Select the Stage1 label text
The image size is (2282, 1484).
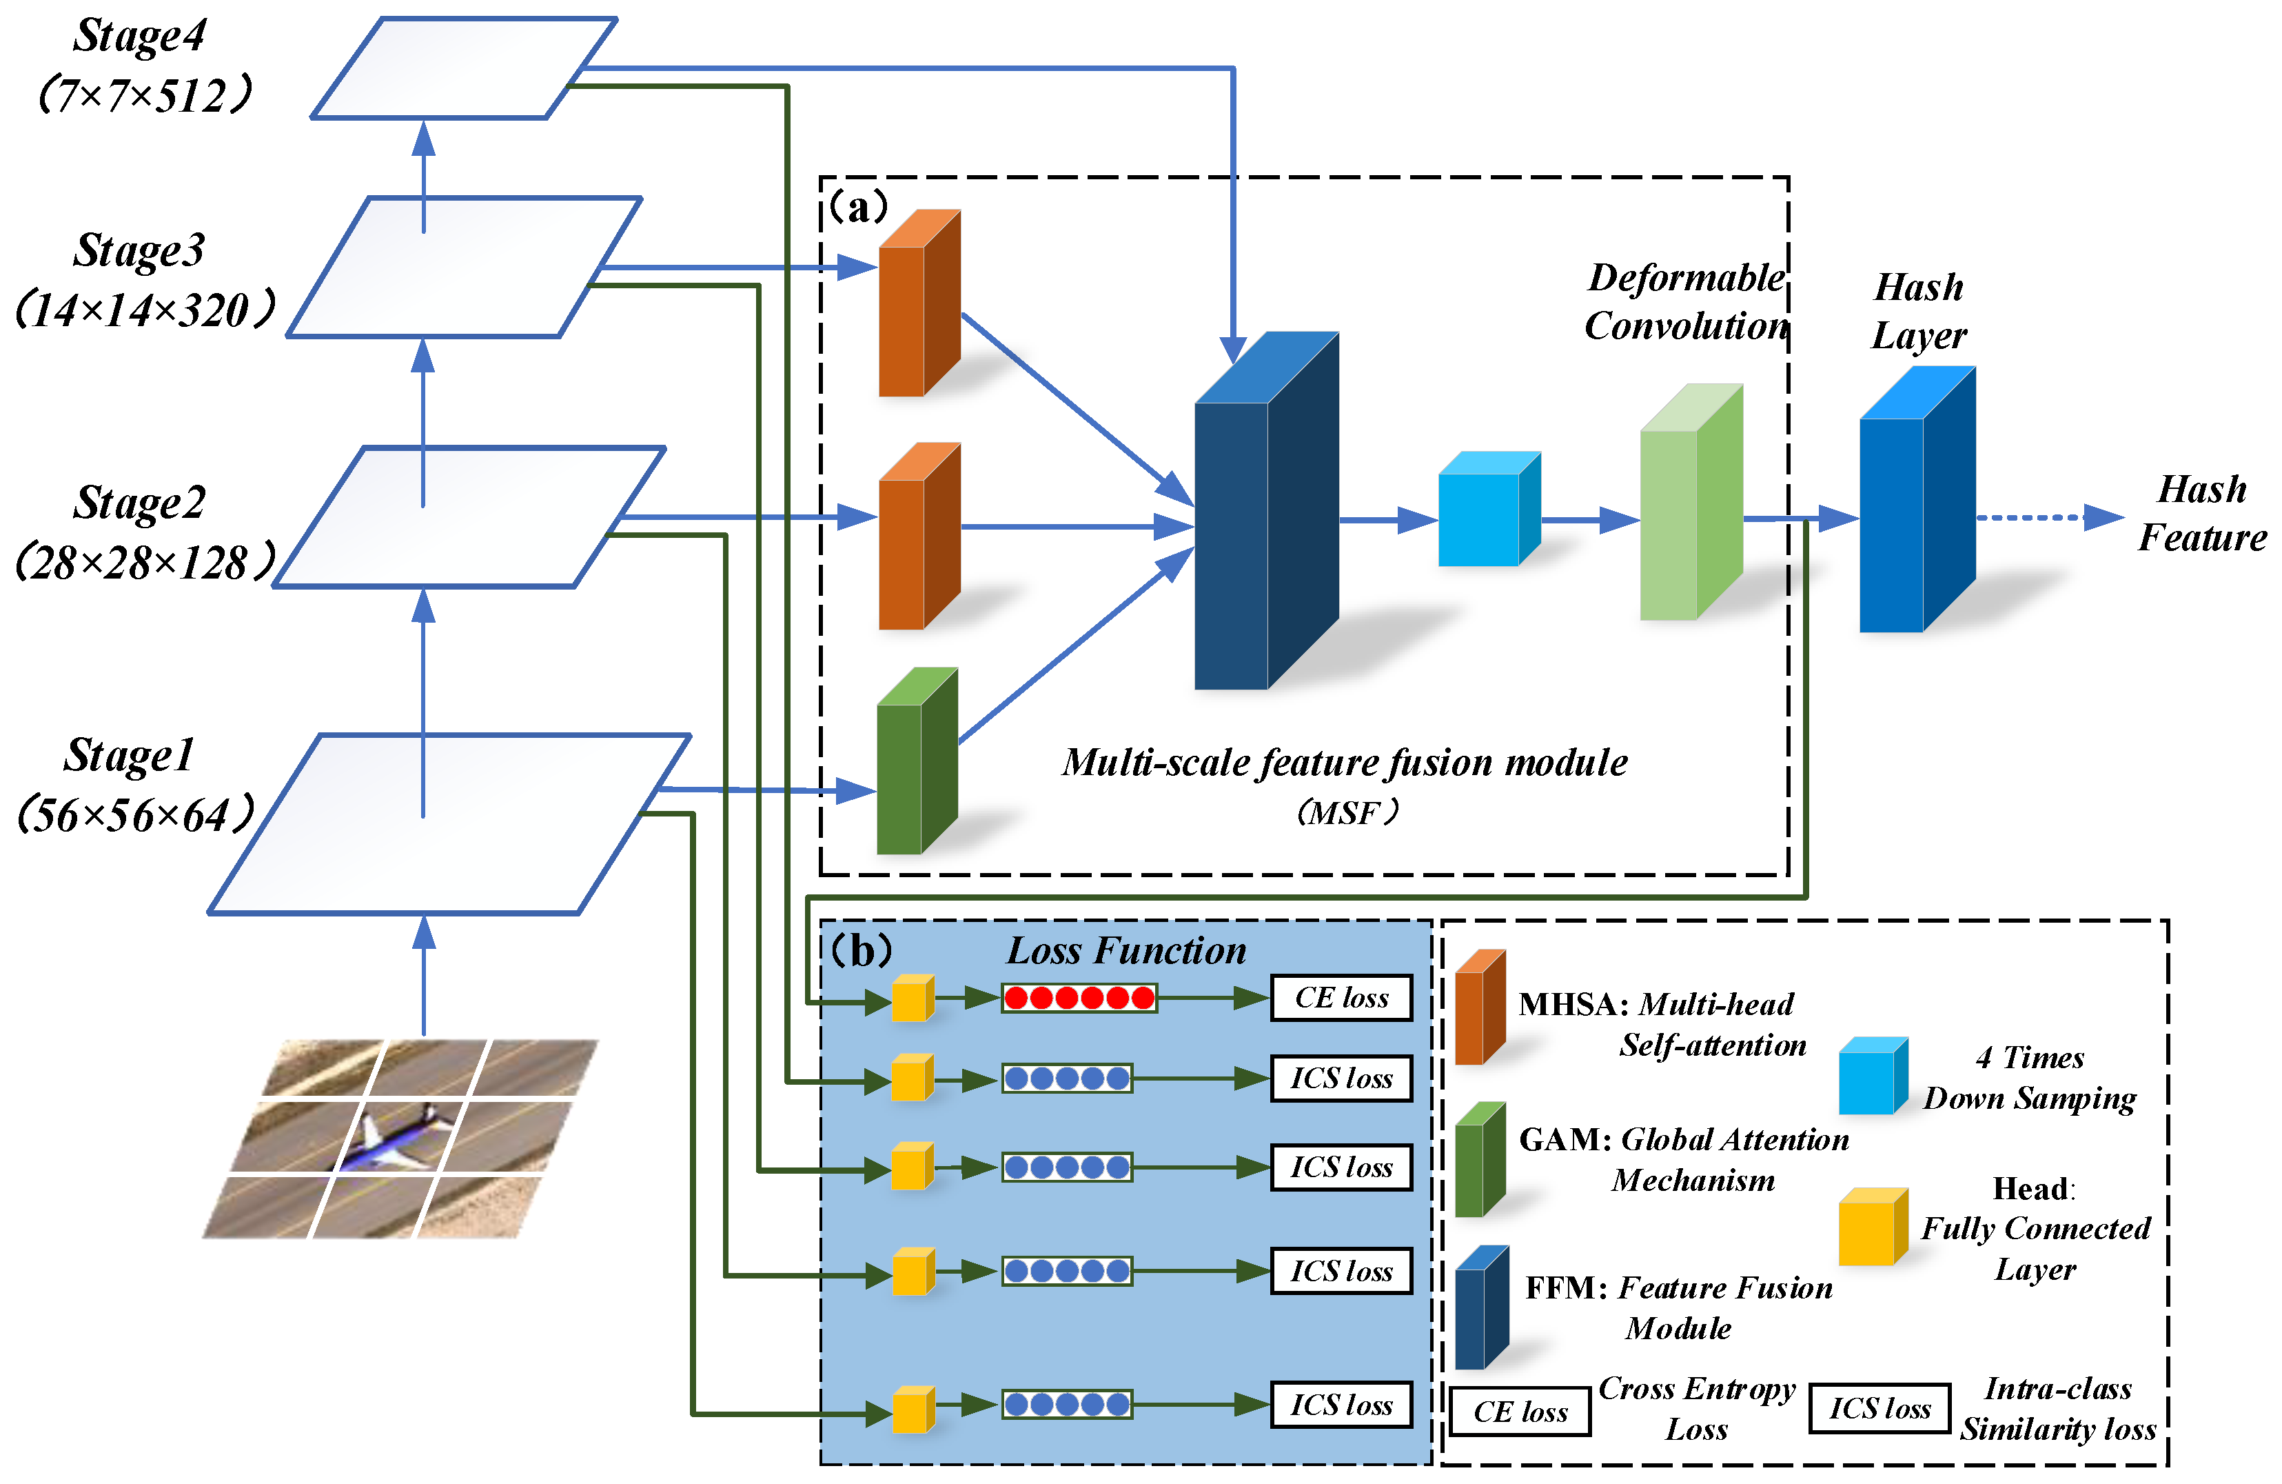(x=130, y=756)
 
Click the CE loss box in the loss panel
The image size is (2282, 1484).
(x=1341, y=998)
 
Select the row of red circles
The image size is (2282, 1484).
(x=1079, y=998)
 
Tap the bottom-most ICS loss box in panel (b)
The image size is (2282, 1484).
(x=1341, y=1405)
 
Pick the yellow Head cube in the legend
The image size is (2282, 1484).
(x=1871, y=1228)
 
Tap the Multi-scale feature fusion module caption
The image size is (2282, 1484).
(x=1344, y=763)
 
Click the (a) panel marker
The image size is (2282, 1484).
(x=858, y=206)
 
